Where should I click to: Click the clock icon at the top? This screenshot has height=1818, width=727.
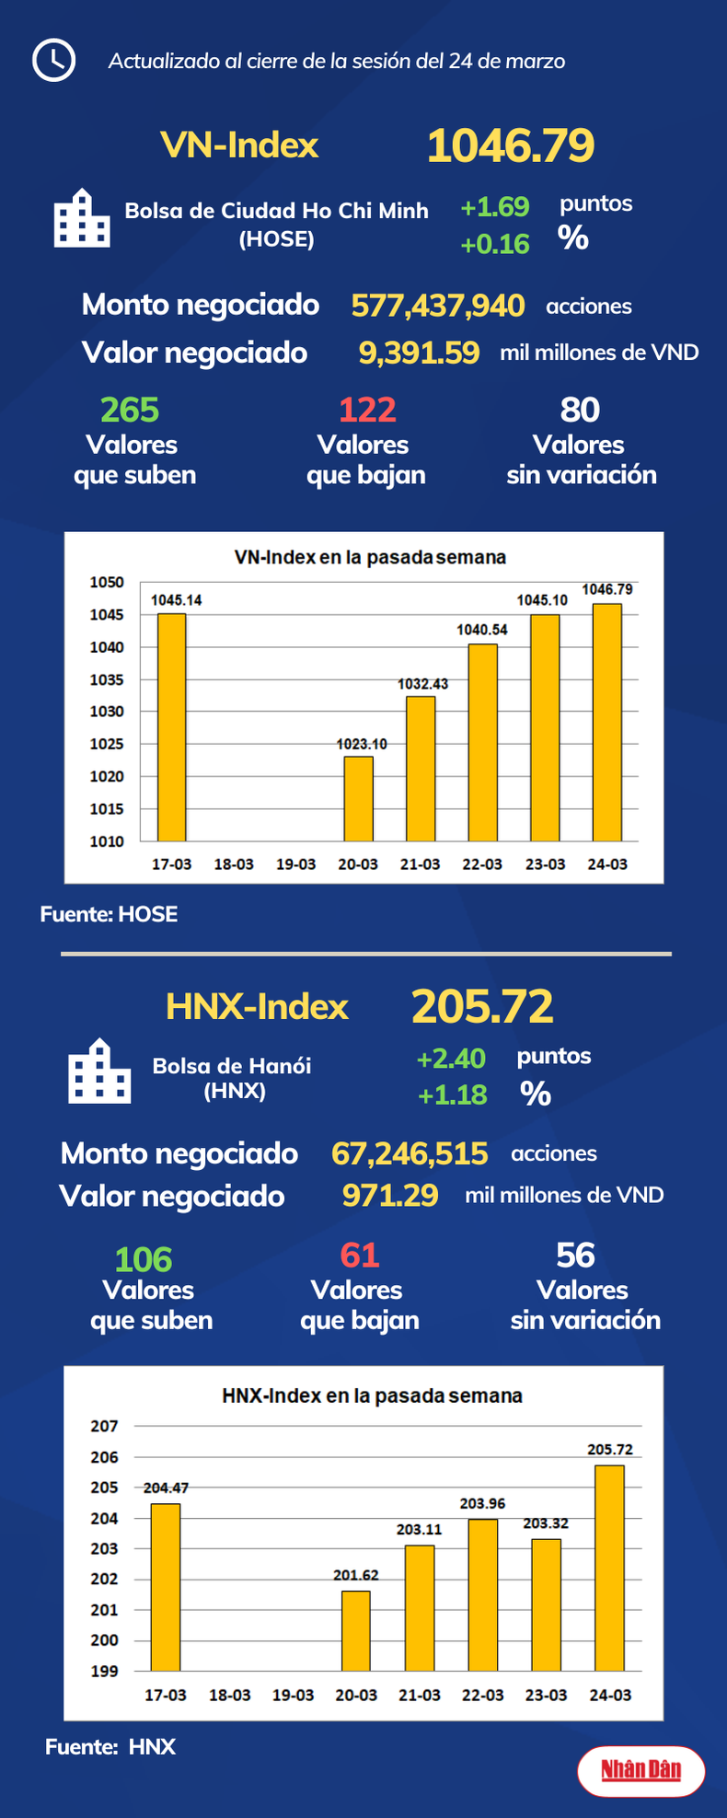[x=53, y=60]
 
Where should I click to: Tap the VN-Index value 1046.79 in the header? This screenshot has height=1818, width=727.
[x=511, y=145]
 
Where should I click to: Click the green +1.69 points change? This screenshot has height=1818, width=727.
[x=494, y=207]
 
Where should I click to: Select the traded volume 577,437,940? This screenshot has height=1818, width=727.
[x=438, y=306]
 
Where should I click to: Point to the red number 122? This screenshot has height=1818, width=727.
[x=367, y=410]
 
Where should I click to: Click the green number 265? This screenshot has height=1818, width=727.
[x=130, y=410]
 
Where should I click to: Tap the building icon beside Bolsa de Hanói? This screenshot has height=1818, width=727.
[x=99, y=1071]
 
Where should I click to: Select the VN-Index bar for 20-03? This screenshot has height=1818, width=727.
[x=358, y=798]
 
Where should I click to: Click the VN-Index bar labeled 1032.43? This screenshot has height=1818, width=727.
[x=421, y=768]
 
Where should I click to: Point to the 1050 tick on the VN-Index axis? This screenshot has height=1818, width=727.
[x=107, y=583]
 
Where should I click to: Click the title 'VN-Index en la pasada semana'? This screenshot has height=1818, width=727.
[x=370, y=558]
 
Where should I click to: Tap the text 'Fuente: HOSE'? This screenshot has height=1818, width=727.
[x=109, y=914]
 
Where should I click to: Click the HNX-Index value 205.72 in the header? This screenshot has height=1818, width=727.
[x=482, y=1006]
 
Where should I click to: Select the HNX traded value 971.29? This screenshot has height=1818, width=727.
[x=390, y=1196]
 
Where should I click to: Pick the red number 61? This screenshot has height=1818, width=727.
[x=359, y=1256]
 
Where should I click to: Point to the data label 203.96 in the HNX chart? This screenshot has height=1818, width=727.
[x=482, y=1503]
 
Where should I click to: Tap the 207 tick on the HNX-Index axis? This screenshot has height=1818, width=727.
[x=104, y=1426]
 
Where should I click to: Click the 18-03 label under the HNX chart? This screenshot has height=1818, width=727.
[x=229, y=1695]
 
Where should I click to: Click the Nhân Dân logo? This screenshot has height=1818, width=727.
[x=640, y=1769]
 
